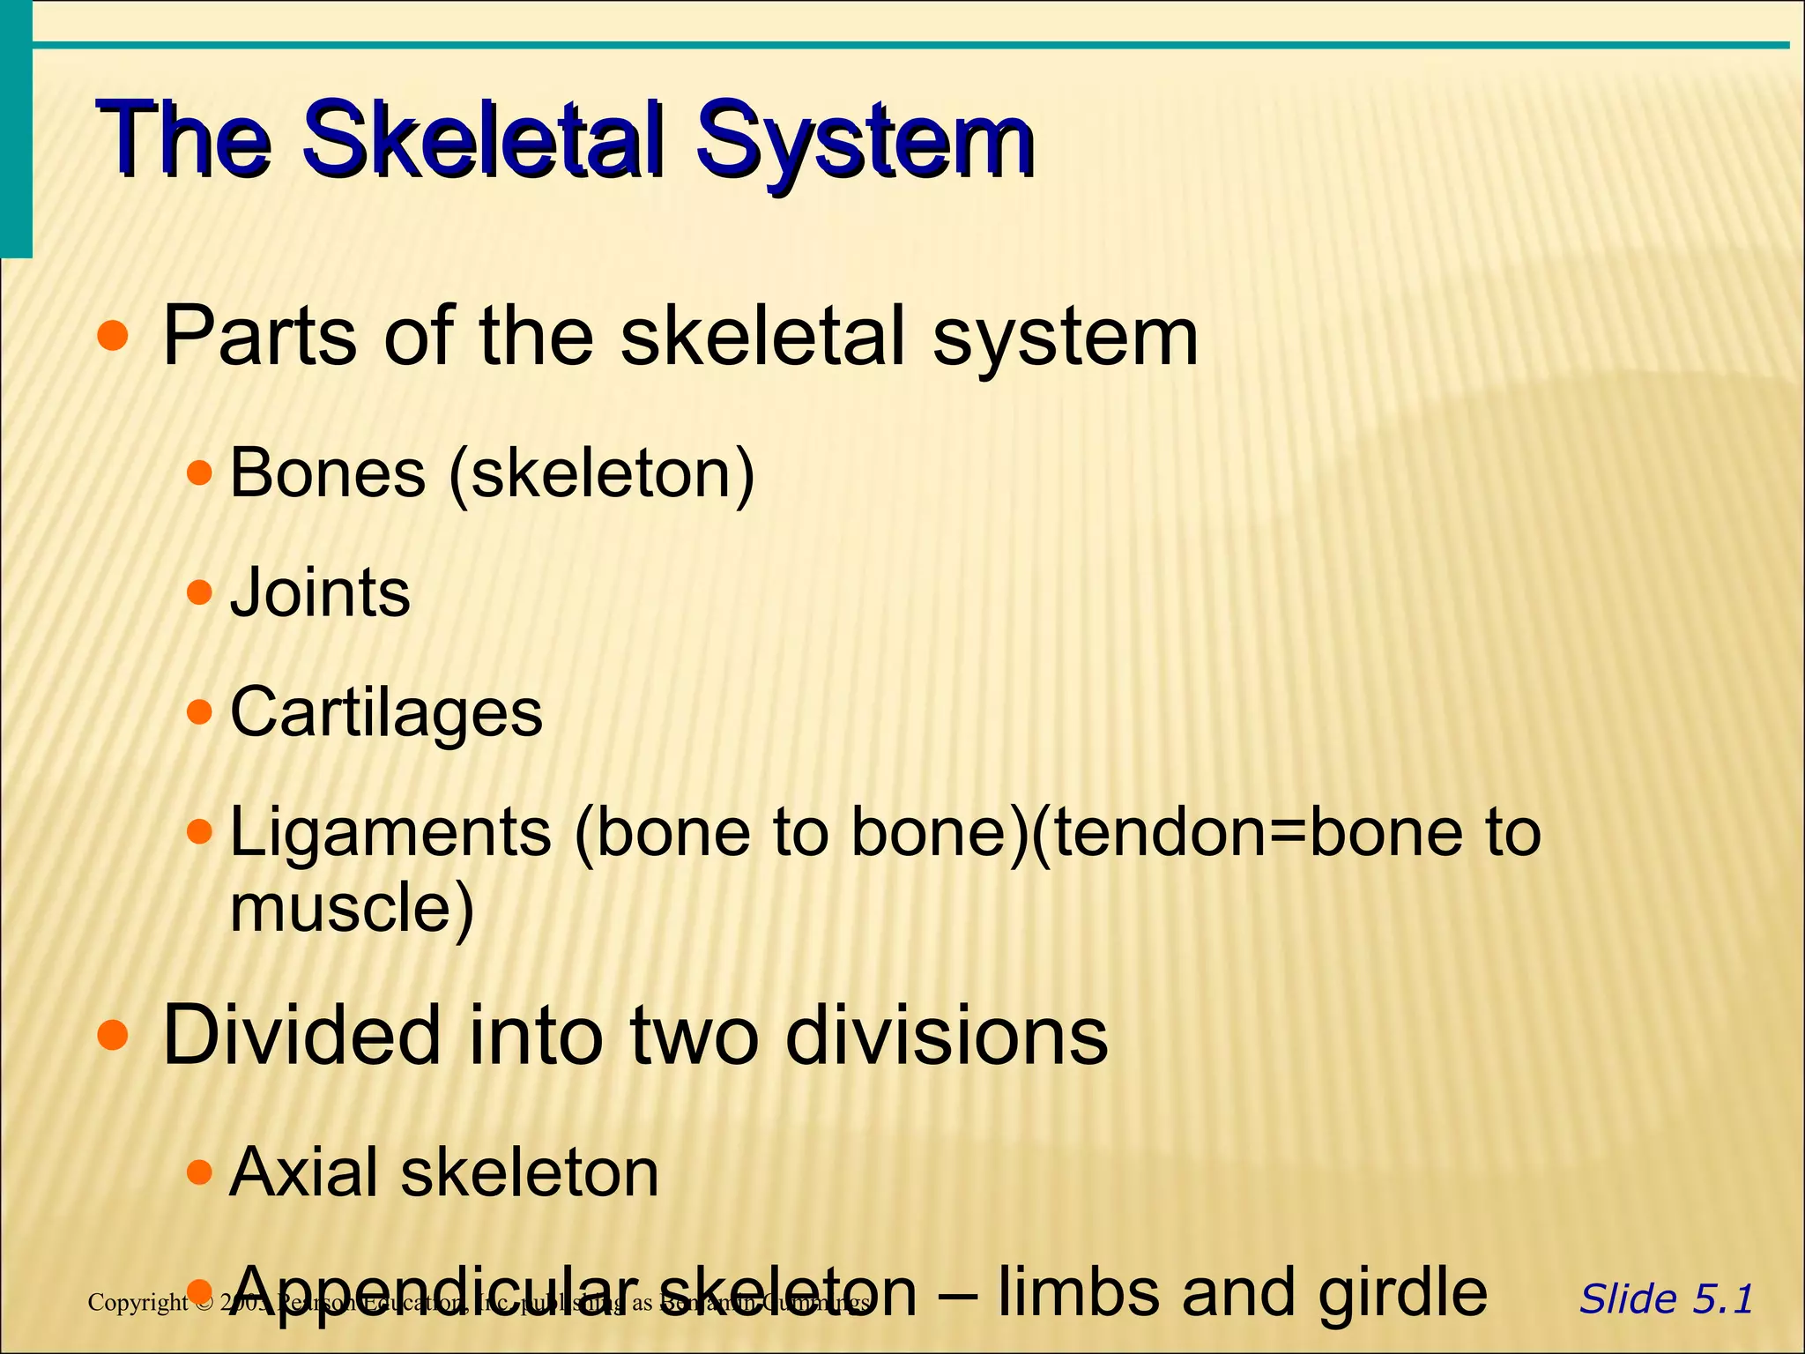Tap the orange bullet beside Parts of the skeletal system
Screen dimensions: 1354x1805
pos(113,336)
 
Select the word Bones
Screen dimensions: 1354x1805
pos(327,473)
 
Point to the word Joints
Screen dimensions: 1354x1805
pos(320,592)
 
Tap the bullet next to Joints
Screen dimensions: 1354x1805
pos(200,591)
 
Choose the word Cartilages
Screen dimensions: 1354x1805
pos(386,712)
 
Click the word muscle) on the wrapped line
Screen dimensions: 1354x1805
pos(352,908)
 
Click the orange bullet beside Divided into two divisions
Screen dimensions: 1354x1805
pos(113,1036)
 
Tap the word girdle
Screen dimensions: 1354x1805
pos(1402,1292)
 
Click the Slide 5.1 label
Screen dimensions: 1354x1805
pos(1666,1299)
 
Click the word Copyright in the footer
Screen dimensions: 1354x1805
pos(137,1302)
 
